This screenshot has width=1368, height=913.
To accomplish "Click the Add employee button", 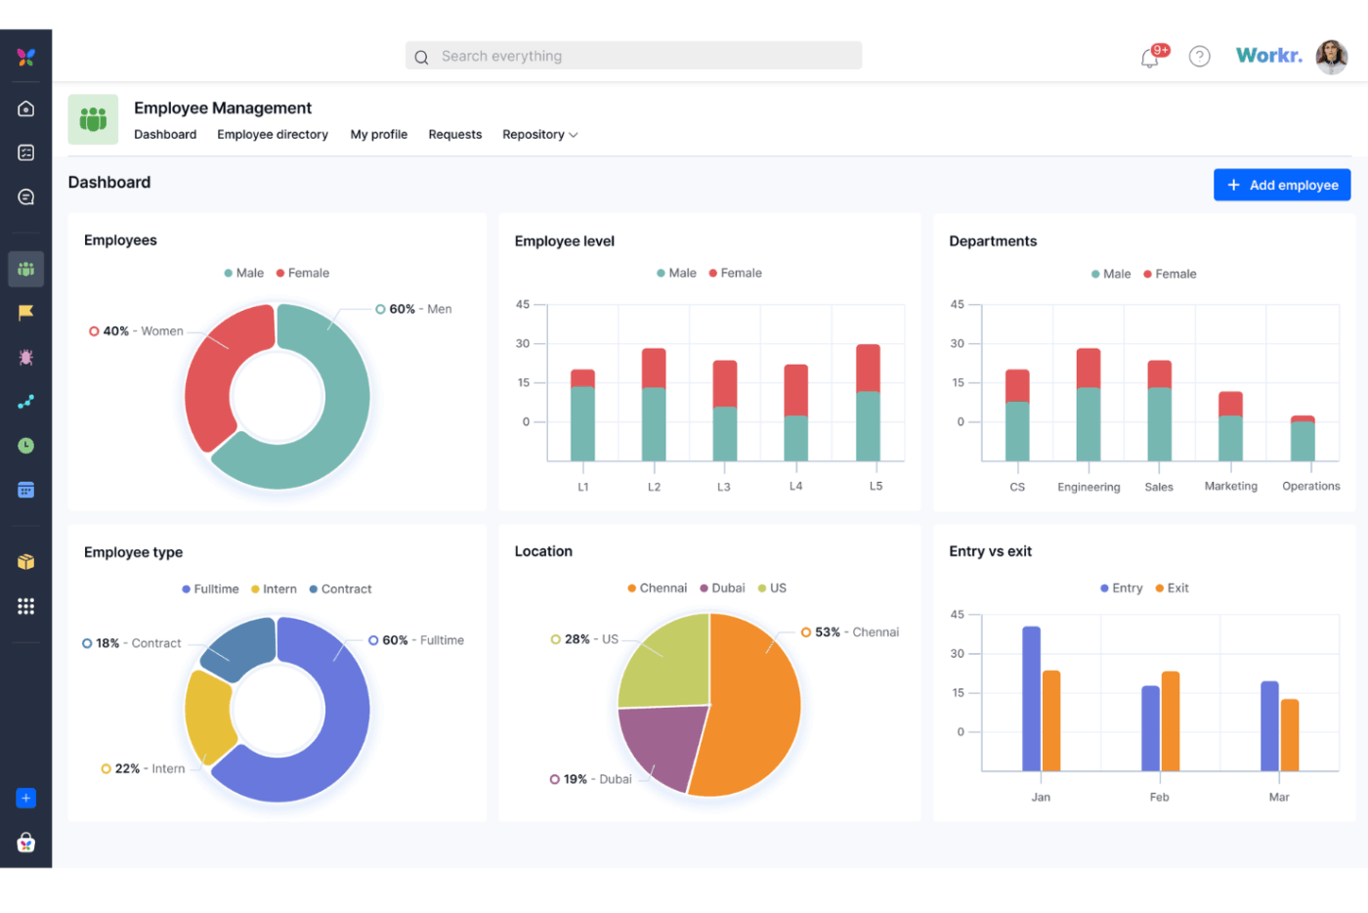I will point(1281,185).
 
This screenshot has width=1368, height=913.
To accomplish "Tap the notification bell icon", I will point(1150,59).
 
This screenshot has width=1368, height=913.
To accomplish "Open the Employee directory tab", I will point(273,135).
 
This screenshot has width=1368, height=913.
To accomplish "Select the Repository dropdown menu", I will point(539,135).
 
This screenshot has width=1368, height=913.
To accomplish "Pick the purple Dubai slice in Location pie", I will point(660,743).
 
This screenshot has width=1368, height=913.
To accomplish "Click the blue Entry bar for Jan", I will point(1031,698).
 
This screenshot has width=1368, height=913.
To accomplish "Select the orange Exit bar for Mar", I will point(1290,734).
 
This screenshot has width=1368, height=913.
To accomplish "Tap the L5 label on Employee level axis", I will point(876,486).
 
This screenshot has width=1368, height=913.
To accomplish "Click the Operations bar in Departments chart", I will point(1303,439).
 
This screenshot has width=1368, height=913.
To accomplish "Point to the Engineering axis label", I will point(1089,487).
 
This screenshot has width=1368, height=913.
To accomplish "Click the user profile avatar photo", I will point(1331,57).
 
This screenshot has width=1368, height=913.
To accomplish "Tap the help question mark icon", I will point(1199,57).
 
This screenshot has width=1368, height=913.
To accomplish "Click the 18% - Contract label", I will point(137,643).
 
